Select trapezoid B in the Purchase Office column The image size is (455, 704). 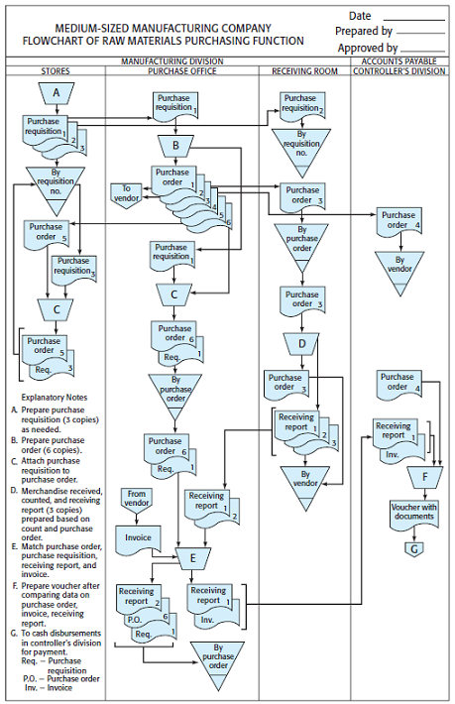click(x=175, y=147)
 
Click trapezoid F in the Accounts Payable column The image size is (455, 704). click(x=423, y=475)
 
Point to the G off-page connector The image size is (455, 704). click(x=414, y=546)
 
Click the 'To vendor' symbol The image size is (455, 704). click(x=127, y=191)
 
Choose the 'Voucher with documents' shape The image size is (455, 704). click(x=413, y=512)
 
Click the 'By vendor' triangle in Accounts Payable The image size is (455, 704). click(x=398, y=268)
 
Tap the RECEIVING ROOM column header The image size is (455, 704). click(x=304, y=71)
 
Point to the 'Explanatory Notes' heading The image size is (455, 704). click(x=57, y=398)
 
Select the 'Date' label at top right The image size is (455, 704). click(x=360, y=16)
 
